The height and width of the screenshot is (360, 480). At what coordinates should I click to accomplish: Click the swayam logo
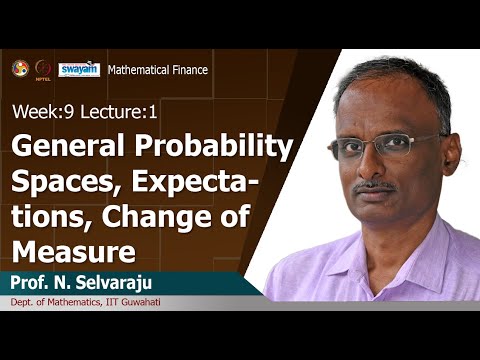(x=79, y=69)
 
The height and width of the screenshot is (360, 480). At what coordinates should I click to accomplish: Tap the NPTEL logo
(x=42, y=69)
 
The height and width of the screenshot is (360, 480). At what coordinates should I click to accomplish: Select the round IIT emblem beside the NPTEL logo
(x=19, y=68)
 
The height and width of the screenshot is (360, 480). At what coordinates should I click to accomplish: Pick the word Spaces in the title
(x=55, y=184)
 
